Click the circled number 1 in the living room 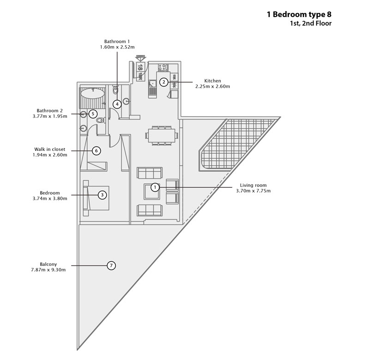[x=155, y=187]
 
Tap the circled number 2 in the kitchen [x=163, y=82]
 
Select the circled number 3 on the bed [x=103, y=195]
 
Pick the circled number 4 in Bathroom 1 [x=117, y=104]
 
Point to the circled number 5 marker [x=93, y=114]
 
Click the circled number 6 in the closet [x=97, y=150]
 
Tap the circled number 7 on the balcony [x=111, y=265]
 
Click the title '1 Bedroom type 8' [x=299, y=15]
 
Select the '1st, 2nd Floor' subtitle [x=311, y=24]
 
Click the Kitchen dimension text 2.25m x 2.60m [x=212, y=86]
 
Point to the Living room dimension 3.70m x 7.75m [x=253, y=191]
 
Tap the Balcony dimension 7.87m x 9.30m [x=48, y=270]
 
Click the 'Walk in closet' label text [x=49, y=149]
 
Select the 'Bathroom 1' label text [x=117, y=42]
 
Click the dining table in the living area [x=162, y=135]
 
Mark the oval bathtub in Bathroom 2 [x=93, y=93]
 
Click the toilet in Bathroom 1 [x=115, y=90]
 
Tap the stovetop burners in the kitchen [x=163, y=67]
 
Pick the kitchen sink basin [x=152, y=84]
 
